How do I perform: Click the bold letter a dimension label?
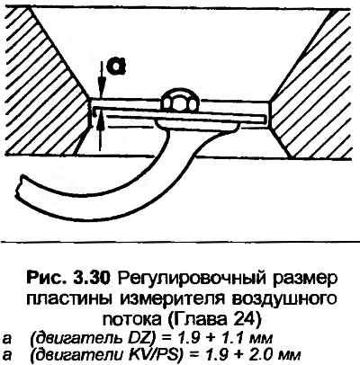point(117,67)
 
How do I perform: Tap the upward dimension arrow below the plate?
point(102,133)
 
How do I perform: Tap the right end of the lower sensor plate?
point(265,119)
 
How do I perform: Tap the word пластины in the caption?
point(69,299)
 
